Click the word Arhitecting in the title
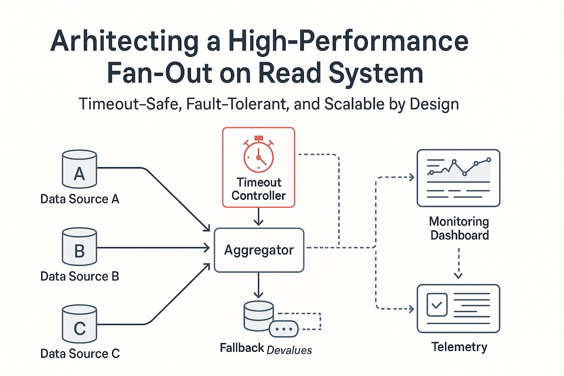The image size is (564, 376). tap(124, 42)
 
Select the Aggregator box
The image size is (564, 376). tap(259, 250)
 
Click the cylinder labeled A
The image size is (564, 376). tap(79, 170)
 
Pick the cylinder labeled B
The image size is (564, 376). tap(79, 247)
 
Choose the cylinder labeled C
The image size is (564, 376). tap(79, 324)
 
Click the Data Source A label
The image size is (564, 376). tap(80, 199)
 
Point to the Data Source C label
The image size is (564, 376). tap(80, 354)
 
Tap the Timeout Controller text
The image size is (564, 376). tap(258, 189)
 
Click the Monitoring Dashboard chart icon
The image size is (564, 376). tap(458, 178)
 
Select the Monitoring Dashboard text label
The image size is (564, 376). tap(459, 228)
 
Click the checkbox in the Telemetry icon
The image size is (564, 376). tap(437, 305)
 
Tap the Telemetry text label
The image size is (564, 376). tap(459, 347)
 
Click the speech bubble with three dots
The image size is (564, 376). tap(284, 329)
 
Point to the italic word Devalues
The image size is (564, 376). tap(289, 350)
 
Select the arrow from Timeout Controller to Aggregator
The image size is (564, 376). tap(258, 217)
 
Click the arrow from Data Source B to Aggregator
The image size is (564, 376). tap(154, 248)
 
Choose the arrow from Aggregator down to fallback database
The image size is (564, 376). tap(258, 285)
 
